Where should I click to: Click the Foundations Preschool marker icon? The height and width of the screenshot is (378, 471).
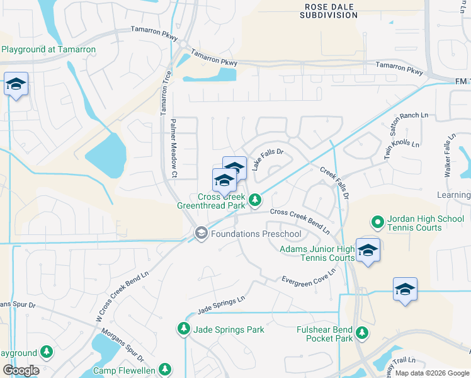(x=201, y=234)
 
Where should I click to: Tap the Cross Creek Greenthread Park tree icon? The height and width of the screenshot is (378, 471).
(x=255, y=200)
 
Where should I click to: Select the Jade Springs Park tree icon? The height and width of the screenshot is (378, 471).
(x=183, y=329)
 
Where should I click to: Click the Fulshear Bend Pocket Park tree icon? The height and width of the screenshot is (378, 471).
(x=361, y=333)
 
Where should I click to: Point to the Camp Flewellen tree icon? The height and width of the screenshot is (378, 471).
(x=165, y=369)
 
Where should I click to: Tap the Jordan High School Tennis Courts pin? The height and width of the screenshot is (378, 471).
(x=377, y=222)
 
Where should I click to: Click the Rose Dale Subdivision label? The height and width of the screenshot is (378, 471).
(x=329, y=11)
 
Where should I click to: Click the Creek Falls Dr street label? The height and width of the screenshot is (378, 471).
(x=334, y=180)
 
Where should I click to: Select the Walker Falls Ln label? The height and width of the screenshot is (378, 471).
(x=449, y=156)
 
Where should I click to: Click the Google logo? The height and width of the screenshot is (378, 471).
(x=21, y=370)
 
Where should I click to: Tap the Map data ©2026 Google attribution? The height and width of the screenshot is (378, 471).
(x=431, y=374)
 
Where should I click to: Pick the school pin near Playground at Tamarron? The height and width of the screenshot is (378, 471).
(x=16, y=85)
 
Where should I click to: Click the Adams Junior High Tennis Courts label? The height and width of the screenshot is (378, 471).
(x=317, y=253)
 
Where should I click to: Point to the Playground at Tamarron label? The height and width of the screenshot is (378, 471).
(x=48, y=49)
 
